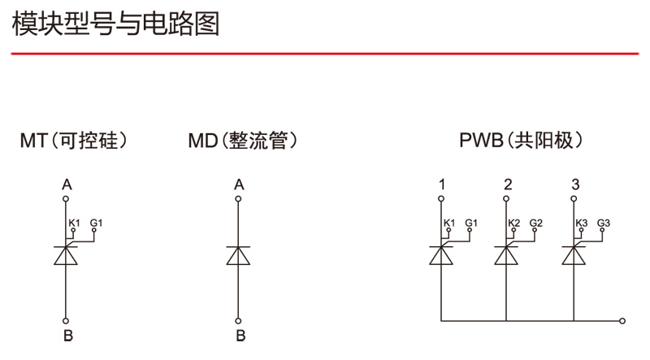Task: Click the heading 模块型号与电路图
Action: (x=115, y=24)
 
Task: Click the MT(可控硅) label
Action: (x=74, y=141)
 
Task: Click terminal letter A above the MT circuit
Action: (x=67, y=184)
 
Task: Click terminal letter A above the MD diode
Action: (x=239, y=184)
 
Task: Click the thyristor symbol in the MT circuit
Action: (x=67, y=254)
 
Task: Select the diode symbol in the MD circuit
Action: (x=239, y=254)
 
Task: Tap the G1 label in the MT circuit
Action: (x=97, y=223)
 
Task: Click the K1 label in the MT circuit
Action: (x=75, y=223)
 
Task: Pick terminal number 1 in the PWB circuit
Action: (x=441, y=184)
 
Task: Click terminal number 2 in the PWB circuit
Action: (x=508, y=184)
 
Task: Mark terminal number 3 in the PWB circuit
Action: (x=575, y=184)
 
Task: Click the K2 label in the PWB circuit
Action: (x=514, y=223)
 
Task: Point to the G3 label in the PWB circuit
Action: (x=604, y=223)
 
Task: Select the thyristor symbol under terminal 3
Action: (x=574, y=254)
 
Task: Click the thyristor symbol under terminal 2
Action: (x=507, y=254)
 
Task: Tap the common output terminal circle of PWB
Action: (x=622, y=320)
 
